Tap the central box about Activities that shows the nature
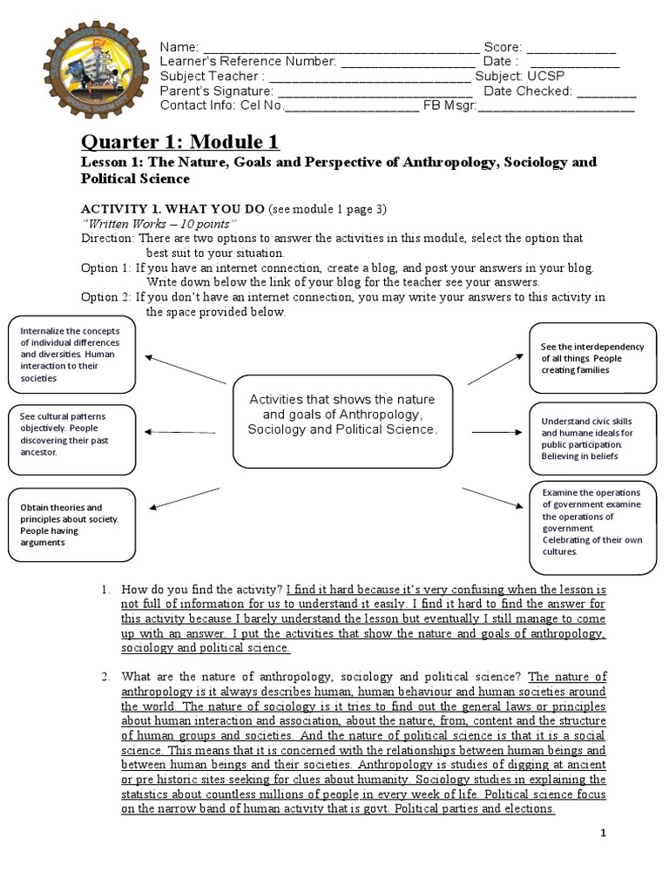(341, 415)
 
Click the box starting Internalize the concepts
(71, 355)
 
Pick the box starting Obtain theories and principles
(71, 525)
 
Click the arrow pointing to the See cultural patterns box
(180, 431)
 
